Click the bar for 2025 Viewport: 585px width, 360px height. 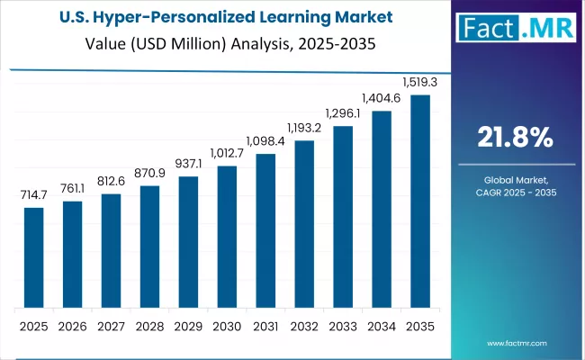[33, 257]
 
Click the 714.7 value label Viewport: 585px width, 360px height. [33, 195]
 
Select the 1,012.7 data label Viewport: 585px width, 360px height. [227, 154]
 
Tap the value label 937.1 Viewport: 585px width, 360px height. [188, 165]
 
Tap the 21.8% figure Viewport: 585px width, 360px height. [514, 138]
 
